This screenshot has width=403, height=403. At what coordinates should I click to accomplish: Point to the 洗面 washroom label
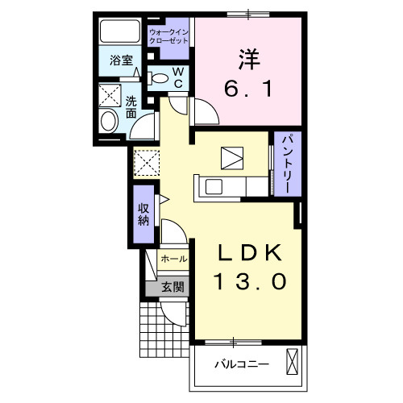[131, 108]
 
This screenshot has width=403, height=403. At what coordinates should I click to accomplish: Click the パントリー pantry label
[285, 163]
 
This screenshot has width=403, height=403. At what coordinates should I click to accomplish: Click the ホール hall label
[173, 259]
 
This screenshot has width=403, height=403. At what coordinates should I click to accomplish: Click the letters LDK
[249, 254]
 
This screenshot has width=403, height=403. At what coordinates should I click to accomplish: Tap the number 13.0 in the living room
[249, 283]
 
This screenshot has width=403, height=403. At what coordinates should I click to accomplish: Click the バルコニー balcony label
[241, 364]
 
